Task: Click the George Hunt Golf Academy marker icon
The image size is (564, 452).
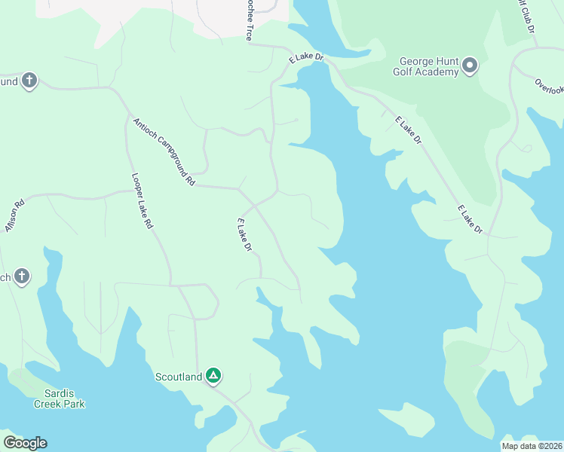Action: [470, 66]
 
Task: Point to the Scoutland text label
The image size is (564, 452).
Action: [179, 377]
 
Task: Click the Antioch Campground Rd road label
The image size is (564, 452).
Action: [164, 151]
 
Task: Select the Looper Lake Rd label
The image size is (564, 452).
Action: [143, 201]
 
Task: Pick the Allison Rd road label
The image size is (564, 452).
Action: [15, 215]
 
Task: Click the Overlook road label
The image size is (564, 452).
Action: [549, 87]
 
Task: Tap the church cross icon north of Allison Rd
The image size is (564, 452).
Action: [29, 81]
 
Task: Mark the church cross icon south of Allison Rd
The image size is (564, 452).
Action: [23, 276]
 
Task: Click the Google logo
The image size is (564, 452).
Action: [25, 443]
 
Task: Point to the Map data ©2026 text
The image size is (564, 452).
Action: [532, 446]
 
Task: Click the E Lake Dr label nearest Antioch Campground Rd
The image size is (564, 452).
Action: [244, 235]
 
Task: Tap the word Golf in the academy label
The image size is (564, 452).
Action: [403, 72]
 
